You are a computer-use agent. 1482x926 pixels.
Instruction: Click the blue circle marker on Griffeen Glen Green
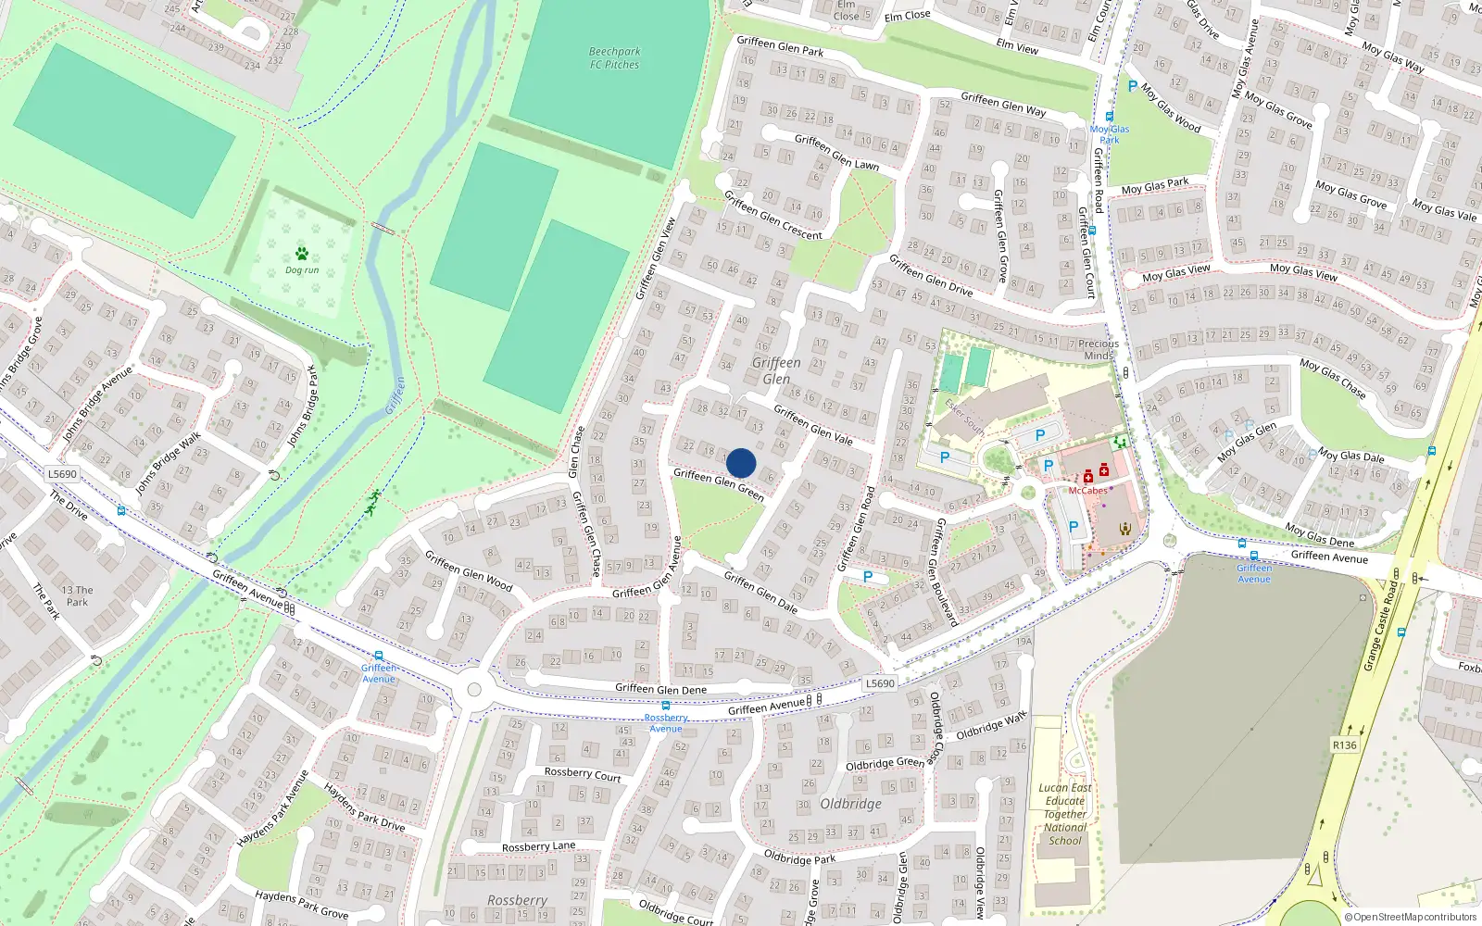pyautogui.click(x=741, y=463)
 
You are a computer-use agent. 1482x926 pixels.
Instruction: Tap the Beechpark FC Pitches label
pyautogui.click(x=614, y=58)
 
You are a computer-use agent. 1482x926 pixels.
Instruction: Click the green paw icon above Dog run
pyautogui.click(x=302, y=253)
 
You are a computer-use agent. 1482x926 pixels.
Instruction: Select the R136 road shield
pyautogui.click(x=1344, y=745)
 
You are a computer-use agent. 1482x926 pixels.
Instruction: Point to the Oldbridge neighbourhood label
pyautogui.click(x=850, y=804)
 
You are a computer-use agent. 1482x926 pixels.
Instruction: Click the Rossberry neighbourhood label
pyautogui.click(x=517, y=900)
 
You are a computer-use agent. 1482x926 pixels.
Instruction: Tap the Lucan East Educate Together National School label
pyautogui.click(x=1066, y=814)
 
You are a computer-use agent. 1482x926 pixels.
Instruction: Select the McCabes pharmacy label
pyautogui.click(x=1087, y=491)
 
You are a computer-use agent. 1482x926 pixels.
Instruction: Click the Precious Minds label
pyautogui.click(x=1099, y=349)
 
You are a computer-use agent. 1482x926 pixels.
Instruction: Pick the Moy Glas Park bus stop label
pyautogui.click(x=1110, y=134)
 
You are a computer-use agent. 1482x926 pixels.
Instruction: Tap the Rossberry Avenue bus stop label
pyautogui.click(x=665, y=723)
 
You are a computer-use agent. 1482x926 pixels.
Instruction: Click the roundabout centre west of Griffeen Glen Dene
pyautogui.click(x=474, y=689)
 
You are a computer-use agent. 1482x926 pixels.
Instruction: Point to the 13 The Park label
pyautogui.click(x=78, y=595)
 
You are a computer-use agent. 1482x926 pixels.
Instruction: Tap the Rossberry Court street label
pyautogui.click(x=583, y=773)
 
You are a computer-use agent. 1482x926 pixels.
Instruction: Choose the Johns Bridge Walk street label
pyautogui.click(x=169, y=463)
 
